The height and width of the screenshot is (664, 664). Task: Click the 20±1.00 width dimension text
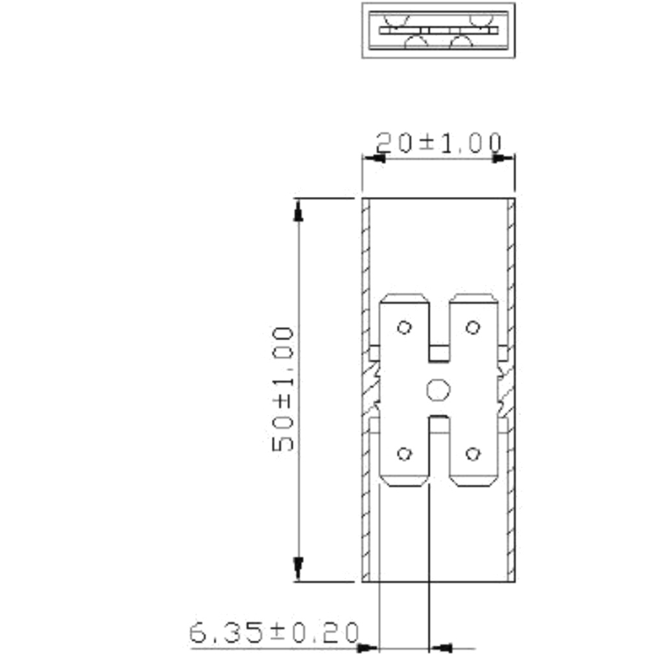coord(438,143)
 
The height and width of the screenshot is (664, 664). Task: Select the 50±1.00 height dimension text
coord(283,389)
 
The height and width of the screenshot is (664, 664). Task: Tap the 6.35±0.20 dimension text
coord(274,633)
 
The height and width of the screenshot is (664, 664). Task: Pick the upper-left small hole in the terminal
coord(404,327)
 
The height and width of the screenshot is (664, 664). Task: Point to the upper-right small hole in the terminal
coord(473,327)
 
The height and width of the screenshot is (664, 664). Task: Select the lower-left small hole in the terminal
coord(404,454)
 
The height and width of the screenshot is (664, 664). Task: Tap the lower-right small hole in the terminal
coord(473,454)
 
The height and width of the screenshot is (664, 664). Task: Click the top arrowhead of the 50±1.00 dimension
coord(298,210)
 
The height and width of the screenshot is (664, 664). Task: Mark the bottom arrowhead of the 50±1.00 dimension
coord(298,568)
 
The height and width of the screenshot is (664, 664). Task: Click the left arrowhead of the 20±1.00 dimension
coord(373,158)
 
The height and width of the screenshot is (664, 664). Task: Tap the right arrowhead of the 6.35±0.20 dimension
coord(442,647)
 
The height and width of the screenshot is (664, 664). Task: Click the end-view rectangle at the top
coord(438,30)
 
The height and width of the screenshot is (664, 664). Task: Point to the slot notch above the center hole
coord(439,354)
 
